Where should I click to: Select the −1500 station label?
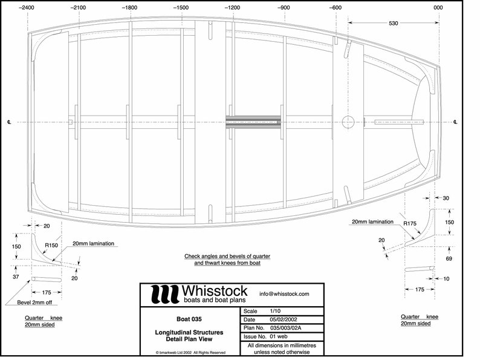[x=181, y=7]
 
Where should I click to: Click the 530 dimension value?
[x=393, y=22]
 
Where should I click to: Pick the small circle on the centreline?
[x=347, y=122]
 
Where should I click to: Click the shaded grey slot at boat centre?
[x=253, y=122]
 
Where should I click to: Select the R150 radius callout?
[x=51, y=246]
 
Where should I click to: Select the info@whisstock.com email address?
[x=284, y=294]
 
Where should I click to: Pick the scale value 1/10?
[x=276, y=311]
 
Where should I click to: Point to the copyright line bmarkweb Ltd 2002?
[x=190, y=352]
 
